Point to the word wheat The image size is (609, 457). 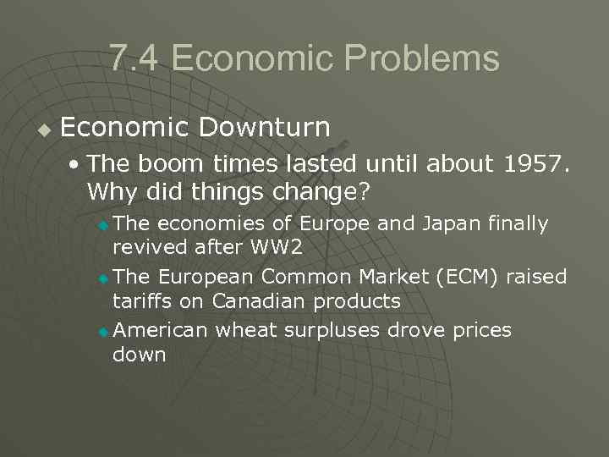pyautogui.click(x=244, y=329)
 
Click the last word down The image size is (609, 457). pyautogui.click(x=140, y=354)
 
